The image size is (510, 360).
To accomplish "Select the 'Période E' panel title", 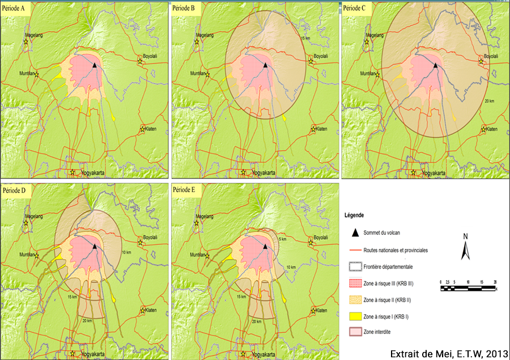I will (186, 190).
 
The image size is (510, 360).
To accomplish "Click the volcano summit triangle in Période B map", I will (265, 65).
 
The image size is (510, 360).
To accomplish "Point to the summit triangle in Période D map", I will (95, 247).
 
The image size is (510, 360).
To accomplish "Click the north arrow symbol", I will (465, 247).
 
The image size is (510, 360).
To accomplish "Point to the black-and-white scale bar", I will (468, 287).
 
